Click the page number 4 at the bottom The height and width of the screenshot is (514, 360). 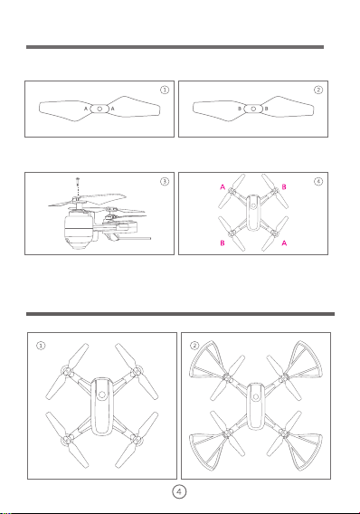(179, 491)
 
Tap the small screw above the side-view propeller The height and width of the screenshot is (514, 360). (77, 180)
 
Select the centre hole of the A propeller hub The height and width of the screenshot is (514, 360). (99, 109)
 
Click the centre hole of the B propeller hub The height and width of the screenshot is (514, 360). (253, 109)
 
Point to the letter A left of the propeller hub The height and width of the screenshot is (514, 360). (86, 109)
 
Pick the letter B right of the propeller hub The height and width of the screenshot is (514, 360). (266, 109)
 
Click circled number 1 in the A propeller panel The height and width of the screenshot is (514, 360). (165, 90)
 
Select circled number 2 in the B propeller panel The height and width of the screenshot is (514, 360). (318, 90)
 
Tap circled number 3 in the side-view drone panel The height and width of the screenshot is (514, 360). (165, 181)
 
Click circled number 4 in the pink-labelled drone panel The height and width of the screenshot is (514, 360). (318, 181)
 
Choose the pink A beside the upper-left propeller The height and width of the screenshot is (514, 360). (223, 186)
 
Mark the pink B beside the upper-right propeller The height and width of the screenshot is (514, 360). (284, 186)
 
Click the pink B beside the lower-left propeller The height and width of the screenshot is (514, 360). (223, 243)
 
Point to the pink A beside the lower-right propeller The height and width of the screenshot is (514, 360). (284, 243)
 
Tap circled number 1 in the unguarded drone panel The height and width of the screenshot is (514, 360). (41, 346)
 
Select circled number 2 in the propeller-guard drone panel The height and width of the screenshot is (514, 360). (194, 346)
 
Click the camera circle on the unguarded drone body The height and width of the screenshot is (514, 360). (102, 395)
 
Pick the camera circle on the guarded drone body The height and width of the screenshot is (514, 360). (255, 397)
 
